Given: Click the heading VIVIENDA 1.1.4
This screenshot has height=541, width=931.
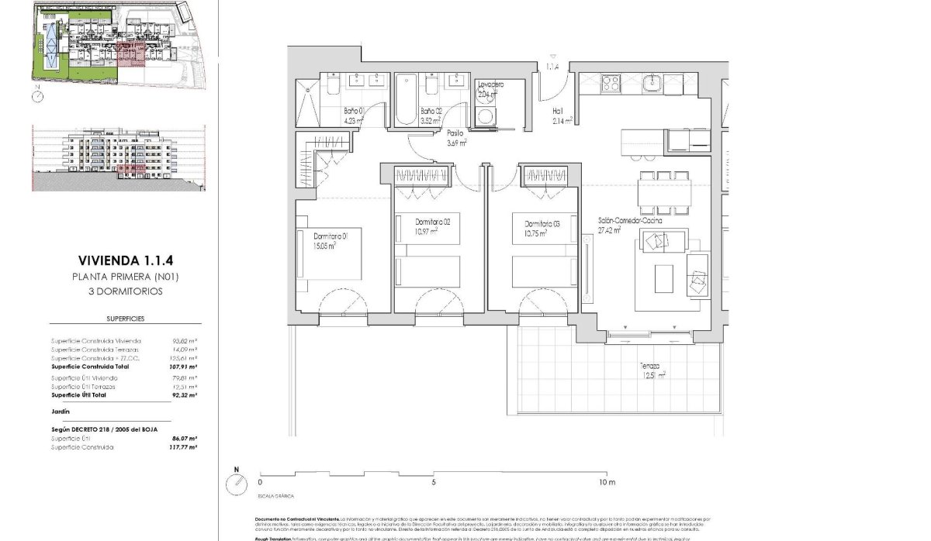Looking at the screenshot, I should [x=126, y=260].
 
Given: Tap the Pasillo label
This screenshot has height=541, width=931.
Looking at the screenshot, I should [x=455, y=137].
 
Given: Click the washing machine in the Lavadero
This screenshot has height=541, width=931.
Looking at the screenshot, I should [x=486, y=115].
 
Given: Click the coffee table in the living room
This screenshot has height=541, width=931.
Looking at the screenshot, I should [x=663, y=279].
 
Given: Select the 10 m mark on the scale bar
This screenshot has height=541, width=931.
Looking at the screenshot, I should [x=607, y=482].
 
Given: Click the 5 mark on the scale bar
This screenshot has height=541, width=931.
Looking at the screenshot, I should [x=434, y=482].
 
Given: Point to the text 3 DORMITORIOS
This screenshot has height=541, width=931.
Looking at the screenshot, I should [x=126, y=291].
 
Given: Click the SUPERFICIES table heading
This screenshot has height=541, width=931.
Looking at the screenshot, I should [x=126, y=319].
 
